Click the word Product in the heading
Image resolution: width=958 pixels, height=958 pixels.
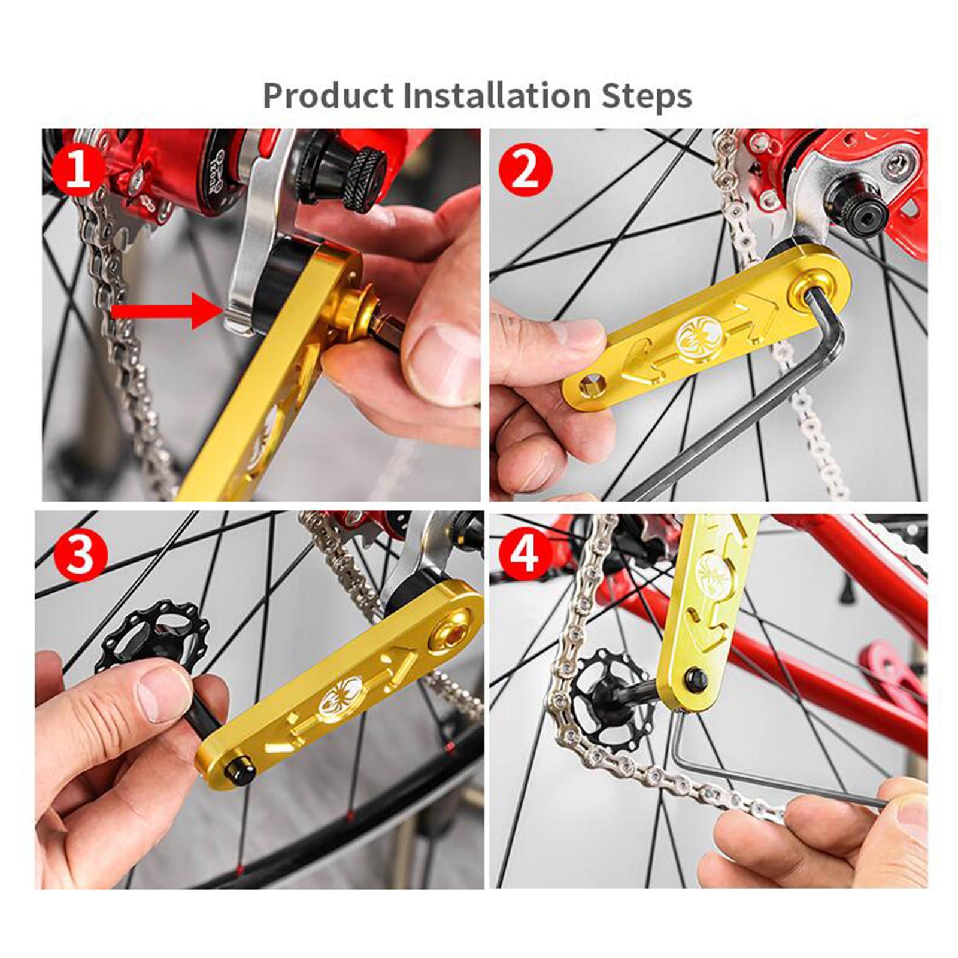pos(328,96)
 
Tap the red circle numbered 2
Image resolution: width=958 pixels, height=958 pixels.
pos(525,170)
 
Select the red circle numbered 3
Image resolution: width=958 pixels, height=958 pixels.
pos(80,553)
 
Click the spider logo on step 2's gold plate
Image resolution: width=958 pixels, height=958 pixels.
pos(696,336)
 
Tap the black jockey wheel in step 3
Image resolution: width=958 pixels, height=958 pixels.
pos(153,635)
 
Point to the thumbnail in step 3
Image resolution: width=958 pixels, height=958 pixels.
pos(159,695)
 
